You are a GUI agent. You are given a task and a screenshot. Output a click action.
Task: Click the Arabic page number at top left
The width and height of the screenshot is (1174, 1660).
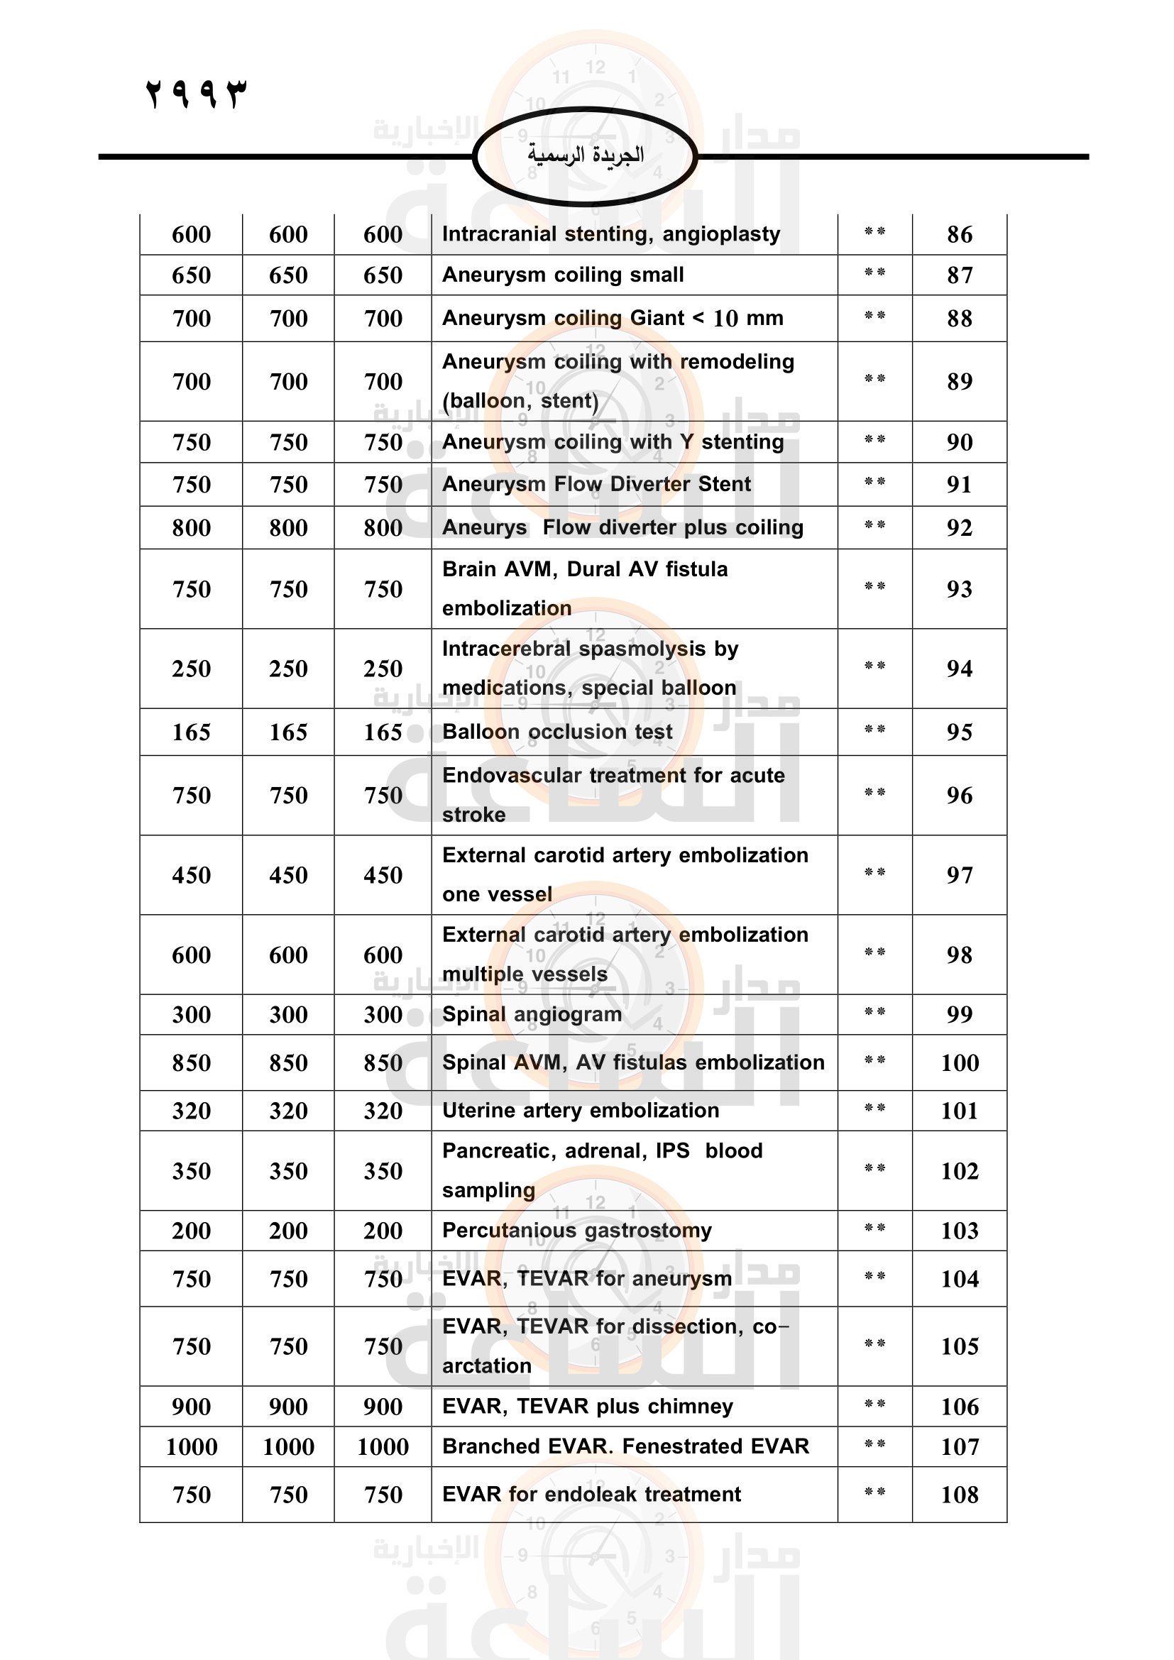tap(196, 94)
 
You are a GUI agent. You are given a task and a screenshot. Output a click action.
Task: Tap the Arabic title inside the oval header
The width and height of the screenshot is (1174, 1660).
tap(585, 155)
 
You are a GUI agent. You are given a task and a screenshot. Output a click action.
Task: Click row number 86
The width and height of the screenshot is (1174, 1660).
tap(960, 234)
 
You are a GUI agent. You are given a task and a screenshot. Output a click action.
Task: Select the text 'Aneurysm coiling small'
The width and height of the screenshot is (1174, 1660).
tap(562, 275)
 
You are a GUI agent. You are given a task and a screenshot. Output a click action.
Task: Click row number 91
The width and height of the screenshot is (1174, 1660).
tap(960, 485)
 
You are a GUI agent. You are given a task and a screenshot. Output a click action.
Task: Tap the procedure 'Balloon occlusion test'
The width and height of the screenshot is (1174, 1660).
tap(556, 732)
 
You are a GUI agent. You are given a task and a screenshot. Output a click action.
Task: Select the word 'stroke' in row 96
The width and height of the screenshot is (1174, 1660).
tap(473, 815)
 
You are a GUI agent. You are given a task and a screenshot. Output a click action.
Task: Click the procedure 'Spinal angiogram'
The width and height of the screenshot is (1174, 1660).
tap(532, 1014)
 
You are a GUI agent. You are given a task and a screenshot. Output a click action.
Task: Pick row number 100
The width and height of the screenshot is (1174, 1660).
tap(960, 1063)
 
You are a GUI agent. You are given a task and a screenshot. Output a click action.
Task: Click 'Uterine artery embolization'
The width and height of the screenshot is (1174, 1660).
tap(581, 1111)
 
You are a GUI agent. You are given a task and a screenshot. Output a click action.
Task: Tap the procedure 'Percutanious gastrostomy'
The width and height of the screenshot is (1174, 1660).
tap(577, 1231)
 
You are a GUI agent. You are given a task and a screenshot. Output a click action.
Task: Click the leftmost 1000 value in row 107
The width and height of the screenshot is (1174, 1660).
tap(192, 1446)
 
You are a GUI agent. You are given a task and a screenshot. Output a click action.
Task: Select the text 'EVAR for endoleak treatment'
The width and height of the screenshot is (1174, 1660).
tap(591, 1495)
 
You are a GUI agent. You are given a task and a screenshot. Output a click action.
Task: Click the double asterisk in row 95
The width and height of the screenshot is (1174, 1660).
tap(874, 730)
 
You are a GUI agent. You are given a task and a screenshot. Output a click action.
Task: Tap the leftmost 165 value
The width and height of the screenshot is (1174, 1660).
tap(192, 732)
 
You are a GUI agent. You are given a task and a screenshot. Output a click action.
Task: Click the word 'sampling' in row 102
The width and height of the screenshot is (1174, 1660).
tap(488, 1191)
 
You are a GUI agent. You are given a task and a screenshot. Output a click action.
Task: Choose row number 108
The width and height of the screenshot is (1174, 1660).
tap(960, 1495)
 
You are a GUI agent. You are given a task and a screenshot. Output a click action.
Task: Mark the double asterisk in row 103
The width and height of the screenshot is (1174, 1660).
tap(874, 1228)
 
